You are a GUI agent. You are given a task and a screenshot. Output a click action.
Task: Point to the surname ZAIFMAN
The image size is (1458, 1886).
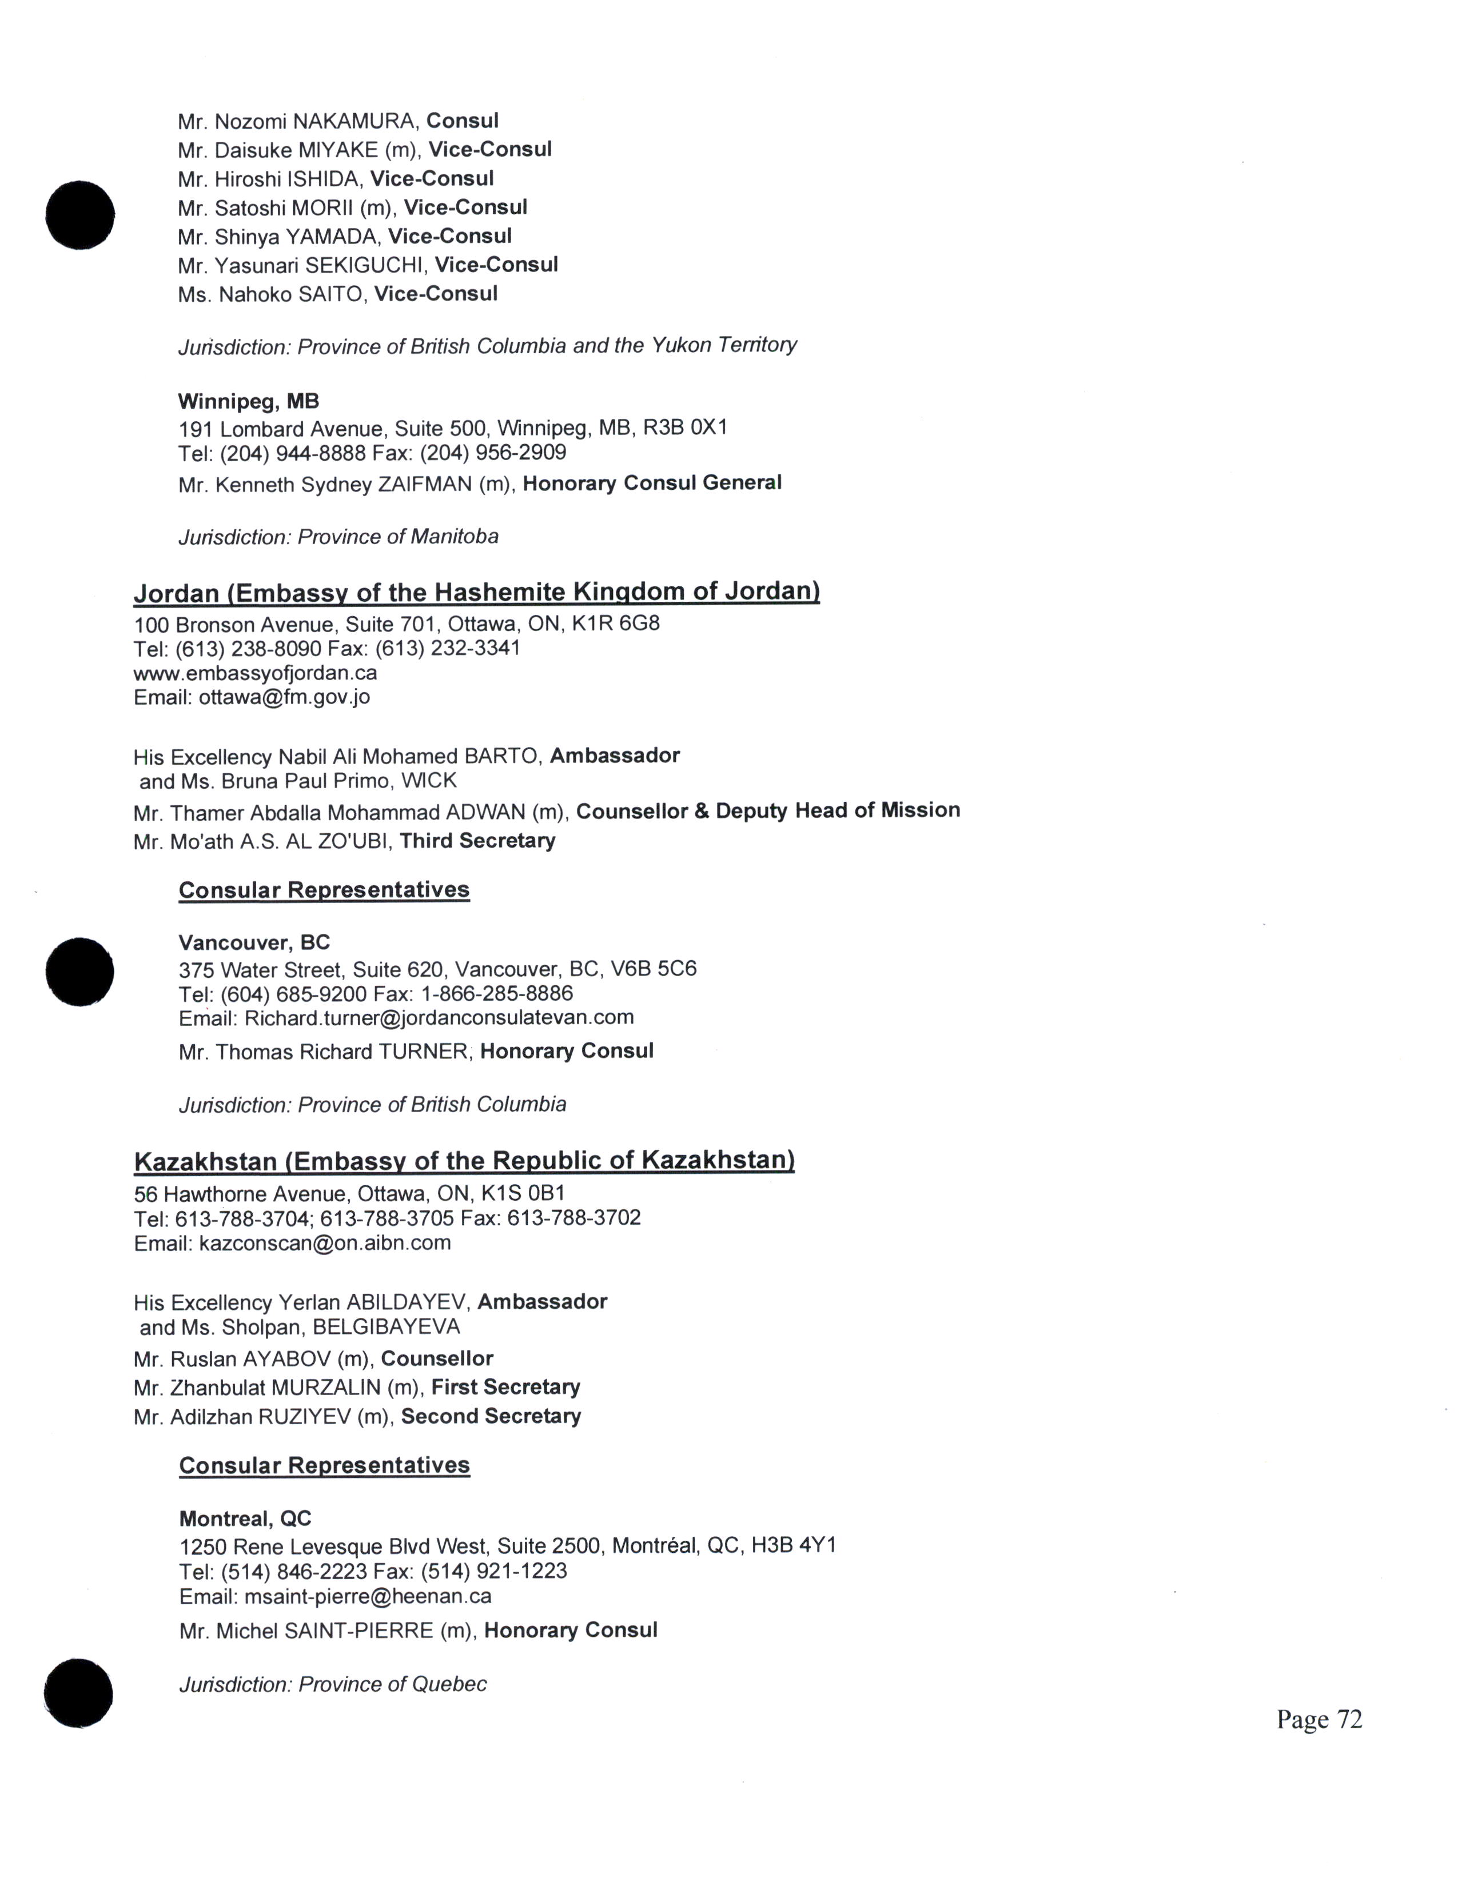(x=424, y=485)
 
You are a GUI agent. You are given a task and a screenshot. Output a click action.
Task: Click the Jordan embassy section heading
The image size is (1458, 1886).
(x=476, y=593)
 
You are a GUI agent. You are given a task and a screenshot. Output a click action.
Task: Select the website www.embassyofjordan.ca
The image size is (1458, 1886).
(x=255, y=673)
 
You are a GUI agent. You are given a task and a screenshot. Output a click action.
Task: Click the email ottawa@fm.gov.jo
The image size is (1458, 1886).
(x=284, y=697)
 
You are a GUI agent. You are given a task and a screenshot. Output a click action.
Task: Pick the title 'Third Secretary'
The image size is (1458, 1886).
(x=477, y=840)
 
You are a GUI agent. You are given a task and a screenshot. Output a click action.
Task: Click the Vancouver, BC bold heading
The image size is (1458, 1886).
(x=254, y=942)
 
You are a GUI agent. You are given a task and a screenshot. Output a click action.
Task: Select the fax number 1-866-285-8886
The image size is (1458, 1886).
(x=497, y=994)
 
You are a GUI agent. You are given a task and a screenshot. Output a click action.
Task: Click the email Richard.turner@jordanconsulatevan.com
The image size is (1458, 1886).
(x=439, y=1017)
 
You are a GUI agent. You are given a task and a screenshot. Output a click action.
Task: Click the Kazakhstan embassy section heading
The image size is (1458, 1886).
(x=464, y=1161)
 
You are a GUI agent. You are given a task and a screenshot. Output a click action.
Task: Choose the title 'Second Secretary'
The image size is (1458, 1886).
(x=491, y=1416)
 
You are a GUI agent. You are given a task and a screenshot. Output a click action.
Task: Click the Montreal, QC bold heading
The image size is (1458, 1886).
(x=245, y=1519)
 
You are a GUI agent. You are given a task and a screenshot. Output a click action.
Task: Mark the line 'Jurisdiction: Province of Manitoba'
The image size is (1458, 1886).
(x=338, y=537)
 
